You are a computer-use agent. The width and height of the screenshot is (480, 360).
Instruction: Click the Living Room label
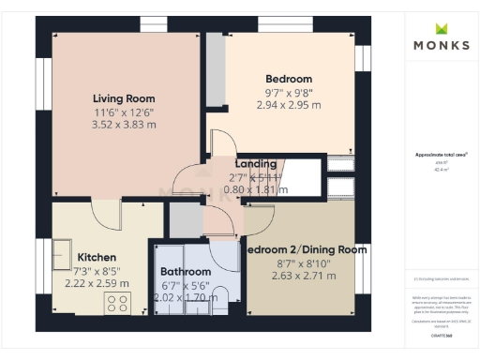click(x=124, y=98)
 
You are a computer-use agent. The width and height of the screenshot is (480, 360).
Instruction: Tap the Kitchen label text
click(x=97, y=257)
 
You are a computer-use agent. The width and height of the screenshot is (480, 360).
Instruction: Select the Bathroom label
click(x=186, y=272)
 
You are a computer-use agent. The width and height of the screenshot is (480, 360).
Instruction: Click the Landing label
click(x=256, y=163)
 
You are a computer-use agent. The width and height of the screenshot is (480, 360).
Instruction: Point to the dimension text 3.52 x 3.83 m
click(x=124, y=125)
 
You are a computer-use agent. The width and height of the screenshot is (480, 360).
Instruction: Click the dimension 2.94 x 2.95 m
click(x=289, y=105)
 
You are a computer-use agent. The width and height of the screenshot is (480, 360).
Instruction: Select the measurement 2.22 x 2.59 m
click(x=97, y=283)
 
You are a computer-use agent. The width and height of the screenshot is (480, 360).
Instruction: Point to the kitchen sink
click(x=64, y=255)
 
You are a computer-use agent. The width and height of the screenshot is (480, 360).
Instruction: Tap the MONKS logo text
click(x=442, y=44)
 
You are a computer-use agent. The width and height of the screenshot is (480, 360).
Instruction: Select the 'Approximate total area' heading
click(x=441, y=154)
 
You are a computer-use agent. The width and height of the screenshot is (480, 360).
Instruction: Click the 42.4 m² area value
click(x=441, y=170)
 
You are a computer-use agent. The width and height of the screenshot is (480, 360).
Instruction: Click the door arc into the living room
click(x=186, y=178)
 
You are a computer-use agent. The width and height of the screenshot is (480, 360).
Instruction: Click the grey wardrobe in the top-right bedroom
click(x=216, y=70)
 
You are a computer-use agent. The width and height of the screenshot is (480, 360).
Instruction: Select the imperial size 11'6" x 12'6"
click(x=124, y=112)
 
